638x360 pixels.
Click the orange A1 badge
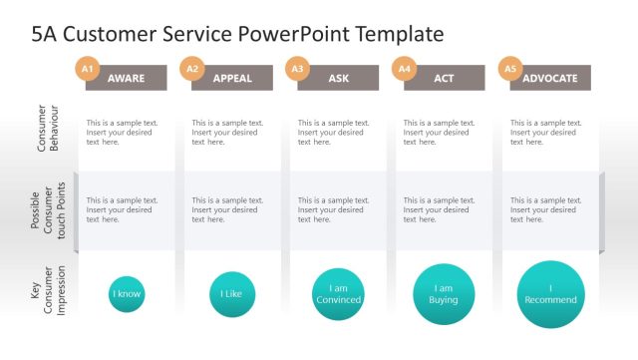tap(87, 68)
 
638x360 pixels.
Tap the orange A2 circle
tap(192, 68)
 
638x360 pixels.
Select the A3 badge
tap(297, 68)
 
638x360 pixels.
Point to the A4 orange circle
tap(404, 68)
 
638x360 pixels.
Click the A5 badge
tap(509, 68)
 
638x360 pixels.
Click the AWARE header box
tap(126, 78)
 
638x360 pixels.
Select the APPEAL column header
tap(232, 78)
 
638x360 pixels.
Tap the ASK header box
tap(338, 78)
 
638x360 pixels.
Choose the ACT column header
tap(444, 78)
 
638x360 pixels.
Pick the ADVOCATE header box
tap(550, 78)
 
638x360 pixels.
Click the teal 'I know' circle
tap(127, 294)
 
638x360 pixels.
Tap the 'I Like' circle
tap(232, 294)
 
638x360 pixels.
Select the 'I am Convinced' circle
tap(338, 294)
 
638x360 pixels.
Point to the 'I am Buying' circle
tap(444, 294)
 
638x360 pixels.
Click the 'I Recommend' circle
tap(550, 294)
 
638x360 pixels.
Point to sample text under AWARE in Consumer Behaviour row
tap(122, 132)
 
